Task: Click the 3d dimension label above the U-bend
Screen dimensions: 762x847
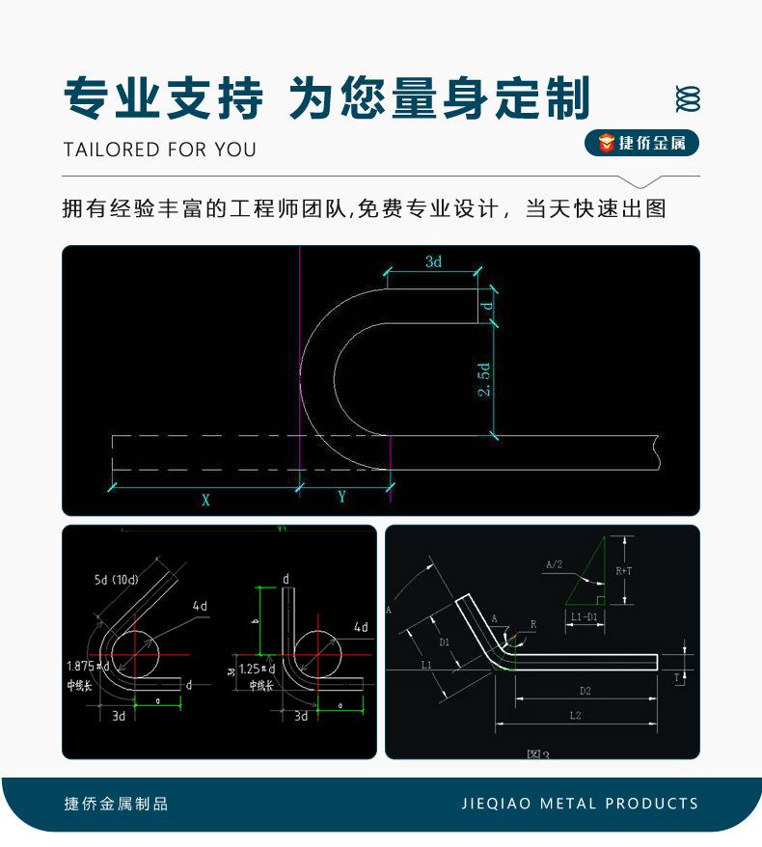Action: point(433,261)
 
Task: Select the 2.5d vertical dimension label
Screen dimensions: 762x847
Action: point(484,379)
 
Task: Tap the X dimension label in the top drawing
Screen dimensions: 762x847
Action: point(205,499)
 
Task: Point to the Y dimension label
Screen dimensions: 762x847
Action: point(342,497)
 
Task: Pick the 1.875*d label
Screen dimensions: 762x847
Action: point(89,666)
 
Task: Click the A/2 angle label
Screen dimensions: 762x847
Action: point(554,564)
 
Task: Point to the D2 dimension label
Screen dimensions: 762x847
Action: point(585,690)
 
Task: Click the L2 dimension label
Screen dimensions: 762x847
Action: point(575,716)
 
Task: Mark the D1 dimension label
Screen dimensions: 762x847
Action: point(444,642)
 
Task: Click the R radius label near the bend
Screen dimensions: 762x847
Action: point(531,625)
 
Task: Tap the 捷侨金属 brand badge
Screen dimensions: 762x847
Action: point(641,144)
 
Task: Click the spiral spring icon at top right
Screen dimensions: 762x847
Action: point(688,98)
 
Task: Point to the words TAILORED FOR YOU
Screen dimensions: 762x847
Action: point(160,150)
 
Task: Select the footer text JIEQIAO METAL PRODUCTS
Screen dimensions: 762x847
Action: point(580,804)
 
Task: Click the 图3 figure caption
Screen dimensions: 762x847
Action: point(538,753)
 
